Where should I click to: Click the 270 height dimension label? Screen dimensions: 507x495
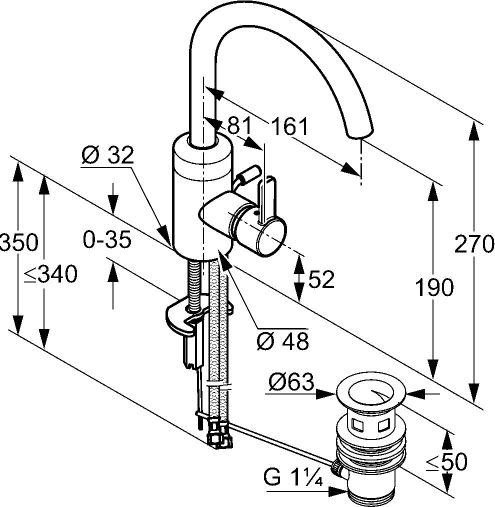pyautogui.click(x=474, y=245)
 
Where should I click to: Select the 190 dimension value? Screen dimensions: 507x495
pyautogui.click(x=433, y=287)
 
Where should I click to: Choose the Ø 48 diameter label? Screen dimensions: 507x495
pyautogui.click(x=282, y=341)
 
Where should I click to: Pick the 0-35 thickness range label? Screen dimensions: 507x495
pyautogui.click(x=107, y=240)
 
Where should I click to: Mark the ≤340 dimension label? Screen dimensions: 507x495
pyautogui.click(x=50, y=274)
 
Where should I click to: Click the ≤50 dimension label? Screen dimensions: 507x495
pyautogui.click(x=446, y=462)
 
